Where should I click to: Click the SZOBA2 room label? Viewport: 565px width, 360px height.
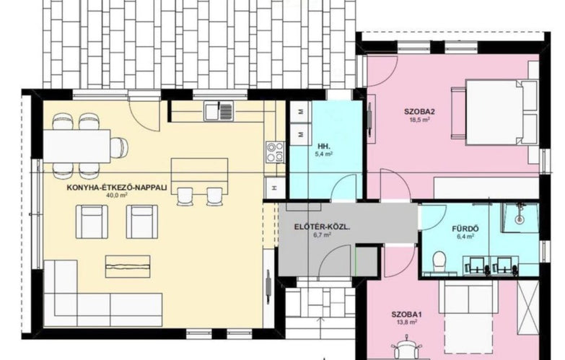(417, 111)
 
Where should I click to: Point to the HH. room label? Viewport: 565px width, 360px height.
(324, 146)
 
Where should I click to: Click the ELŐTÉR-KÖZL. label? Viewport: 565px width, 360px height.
(323, 227)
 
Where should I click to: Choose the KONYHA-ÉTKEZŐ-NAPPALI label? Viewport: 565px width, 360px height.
(117, 188)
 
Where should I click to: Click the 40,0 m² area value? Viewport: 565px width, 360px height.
(117, 195)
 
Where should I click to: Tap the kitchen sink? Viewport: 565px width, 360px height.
(219, 110)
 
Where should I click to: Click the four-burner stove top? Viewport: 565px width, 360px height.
(275, 152)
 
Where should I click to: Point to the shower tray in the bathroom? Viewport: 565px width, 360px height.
(520, 217)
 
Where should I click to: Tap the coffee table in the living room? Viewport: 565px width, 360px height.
(128, 266)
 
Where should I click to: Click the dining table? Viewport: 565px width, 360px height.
(76, 146)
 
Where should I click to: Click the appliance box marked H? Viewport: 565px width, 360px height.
(275, 188)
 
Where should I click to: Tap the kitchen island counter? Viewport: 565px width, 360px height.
(199, 174)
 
